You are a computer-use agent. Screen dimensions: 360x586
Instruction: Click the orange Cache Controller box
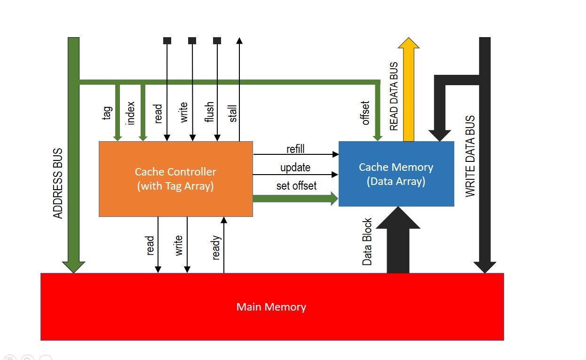(175, 179)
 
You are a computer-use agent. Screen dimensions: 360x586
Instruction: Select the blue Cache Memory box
(396, 174)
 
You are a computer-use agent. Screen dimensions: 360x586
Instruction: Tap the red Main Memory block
(272, 307)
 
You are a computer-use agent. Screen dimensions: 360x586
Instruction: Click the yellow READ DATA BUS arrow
(408, 89)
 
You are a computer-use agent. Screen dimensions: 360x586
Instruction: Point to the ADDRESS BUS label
(58, 184)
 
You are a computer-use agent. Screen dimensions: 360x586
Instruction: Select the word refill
(295, 149)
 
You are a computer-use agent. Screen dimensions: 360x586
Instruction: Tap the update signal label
(295, 168)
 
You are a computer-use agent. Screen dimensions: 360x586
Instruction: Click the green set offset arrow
(295, 199)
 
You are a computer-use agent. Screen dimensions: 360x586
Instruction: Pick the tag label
(107, 113)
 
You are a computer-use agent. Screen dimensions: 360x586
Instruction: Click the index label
(131, 113)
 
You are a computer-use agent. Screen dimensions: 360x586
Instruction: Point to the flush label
(210, 112)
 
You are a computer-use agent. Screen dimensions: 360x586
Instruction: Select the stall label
(233, 113)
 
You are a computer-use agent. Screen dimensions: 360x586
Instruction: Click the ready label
(216, 248)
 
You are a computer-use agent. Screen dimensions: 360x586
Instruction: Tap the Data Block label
(367, 241)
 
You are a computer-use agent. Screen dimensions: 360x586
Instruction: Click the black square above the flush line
(217, 41)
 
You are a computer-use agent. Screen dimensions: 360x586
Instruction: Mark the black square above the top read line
(167, 41)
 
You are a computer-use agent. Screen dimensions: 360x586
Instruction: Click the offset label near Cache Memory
(366, 113)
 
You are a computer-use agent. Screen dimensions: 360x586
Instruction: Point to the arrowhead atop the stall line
(239, 41)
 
